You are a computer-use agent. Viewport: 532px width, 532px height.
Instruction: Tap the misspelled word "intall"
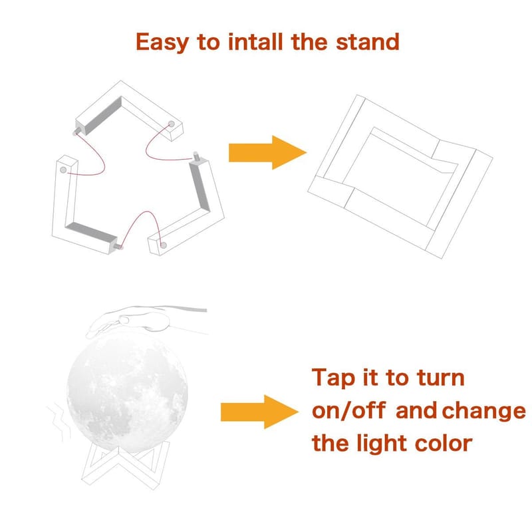(255, 42)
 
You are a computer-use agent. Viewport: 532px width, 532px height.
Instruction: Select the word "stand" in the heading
(368, 42)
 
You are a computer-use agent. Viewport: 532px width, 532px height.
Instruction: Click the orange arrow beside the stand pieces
(268, 152)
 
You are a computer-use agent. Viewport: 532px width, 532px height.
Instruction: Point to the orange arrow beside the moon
(259, 412)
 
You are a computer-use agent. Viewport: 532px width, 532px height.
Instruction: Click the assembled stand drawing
(400, 176)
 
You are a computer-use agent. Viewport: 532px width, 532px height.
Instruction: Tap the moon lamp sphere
(127, 394)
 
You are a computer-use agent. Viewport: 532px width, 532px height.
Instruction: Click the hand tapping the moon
(146, 321)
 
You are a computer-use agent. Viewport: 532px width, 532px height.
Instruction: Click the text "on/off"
(348, 410)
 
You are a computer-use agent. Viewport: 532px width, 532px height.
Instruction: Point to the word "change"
(484, 412)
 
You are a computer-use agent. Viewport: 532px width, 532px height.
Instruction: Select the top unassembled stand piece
(129, 110)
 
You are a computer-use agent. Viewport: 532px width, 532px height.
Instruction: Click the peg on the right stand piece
(196, 156)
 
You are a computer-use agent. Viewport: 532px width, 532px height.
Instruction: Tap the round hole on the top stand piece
(172, 124)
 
